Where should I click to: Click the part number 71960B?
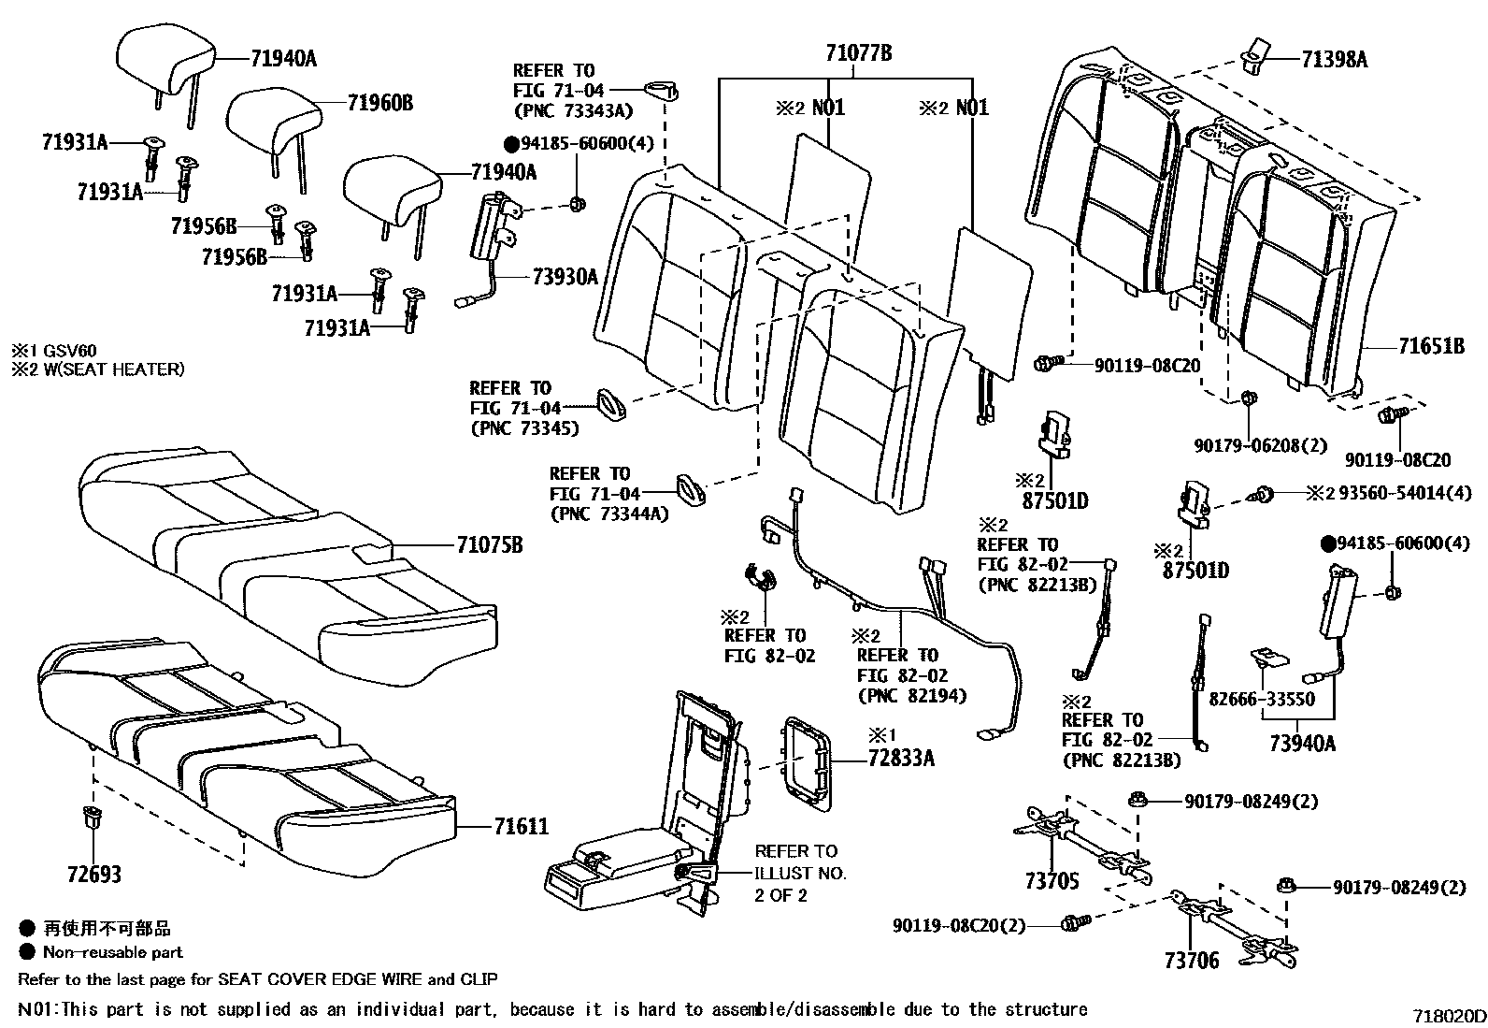[x=379, y=102]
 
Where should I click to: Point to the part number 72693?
[x=93, y=875]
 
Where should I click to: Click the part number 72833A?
[x=900, y=758]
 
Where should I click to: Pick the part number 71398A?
[x=1334, y=60]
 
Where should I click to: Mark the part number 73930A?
[x=565, y=276]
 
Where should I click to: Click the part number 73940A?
[x=1302, y=744]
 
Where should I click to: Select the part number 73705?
[x=1052, y=881]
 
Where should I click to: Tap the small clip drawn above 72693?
[x=92, y=815]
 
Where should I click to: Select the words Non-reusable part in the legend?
[x=113, y=952]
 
